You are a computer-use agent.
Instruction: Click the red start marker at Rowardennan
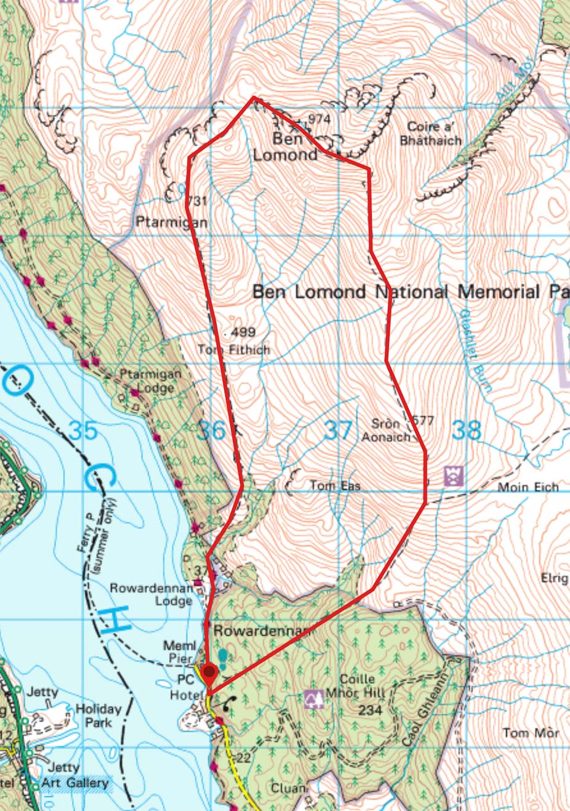[209, 672]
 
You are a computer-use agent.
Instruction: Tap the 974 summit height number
[319, 119]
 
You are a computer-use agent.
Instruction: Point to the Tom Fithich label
[233, 350]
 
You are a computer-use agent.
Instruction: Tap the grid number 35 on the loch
[83, 430]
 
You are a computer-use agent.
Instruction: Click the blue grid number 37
[337, 430]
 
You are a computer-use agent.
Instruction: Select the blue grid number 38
[466, 430]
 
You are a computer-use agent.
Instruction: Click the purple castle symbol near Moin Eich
[454, 475]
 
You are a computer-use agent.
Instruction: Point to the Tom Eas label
[335, 486]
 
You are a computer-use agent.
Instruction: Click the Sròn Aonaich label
[386, 430]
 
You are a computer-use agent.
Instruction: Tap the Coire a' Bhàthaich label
[430, 133]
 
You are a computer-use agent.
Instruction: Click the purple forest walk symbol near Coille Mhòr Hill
[315, 699]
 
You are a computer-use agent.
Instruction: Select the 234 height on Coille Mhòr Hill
[371, 710]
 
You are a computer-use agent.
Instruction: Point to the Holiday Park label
[98, 715]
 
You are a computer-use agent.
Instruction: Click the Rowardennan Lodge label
[151, 594]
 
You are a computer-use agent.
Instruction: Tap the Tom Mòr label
[530, 733]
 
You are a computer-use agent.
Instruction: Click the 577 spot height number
[422, 421]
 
